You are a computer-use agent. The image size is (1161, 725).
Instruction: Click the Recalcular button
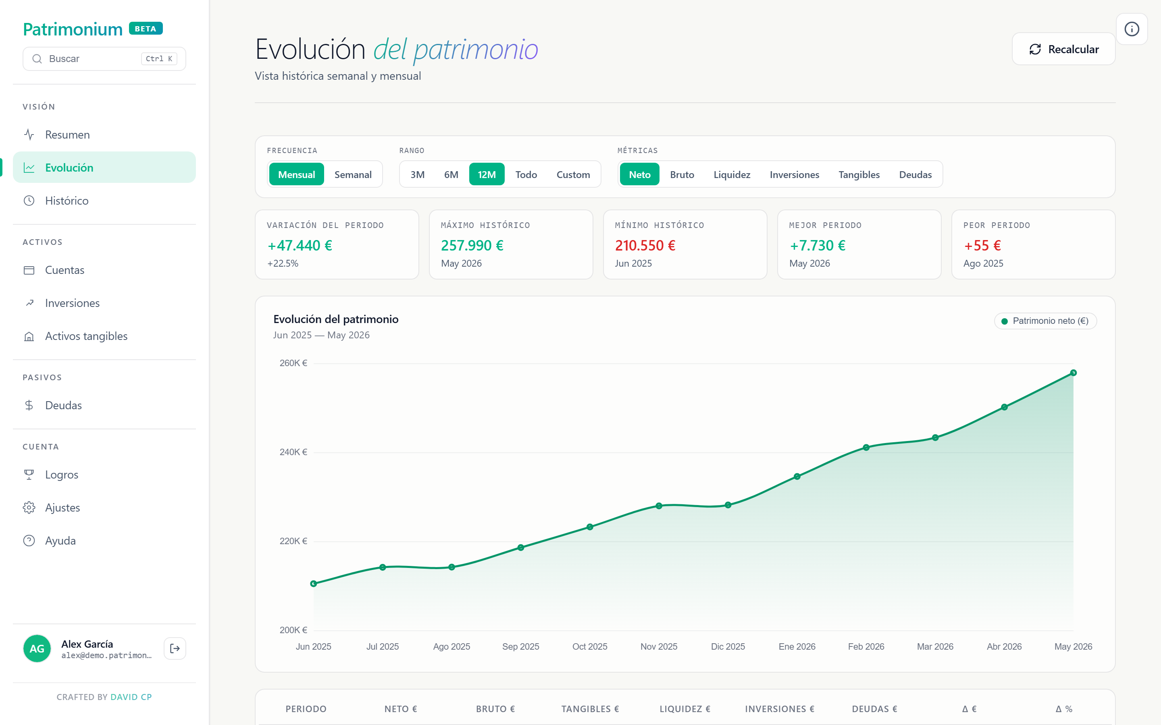pyautogui.click(x=1063, y=49)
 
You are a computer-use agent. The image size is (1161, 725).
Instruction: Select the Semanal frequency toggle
pyautogui.click(x=353, y=174)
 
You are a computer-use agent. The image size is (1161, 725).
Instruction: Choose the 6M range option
pyautogui.click(x=451, y=174)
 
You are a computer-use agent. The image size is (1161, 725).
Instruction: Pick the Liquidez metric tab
pyautogui.click(x=732, y=174)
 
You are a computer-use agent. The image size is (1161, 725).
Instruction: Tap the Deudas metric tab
pyautogui.click(x=915, y=174)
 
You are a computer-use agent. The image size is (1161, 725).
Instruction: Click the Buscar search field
pyautogui.click(x=104, y=58)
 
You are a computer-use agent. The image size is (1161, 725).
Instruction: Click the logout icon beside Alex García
pyautogui.click(x=175, y=648)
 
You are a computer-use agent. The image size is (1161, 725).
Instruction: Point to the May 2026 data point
pyautogui.click(x=1073, y=373)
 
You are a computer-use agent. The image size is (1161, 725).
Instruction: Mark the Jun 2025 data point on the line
pyautogui.click(x=313, y=584)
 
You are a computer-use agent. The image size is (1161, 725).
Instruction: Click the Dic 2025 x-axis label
pyautogui.click(x=728, y=646)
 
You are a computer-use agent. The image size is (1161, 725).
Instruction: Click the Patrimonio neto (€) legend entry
pyautogui.click(x=1045, y=321)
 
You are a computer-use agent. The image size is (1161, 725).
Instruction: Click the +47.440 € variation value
pyautogui.click(x=300, y=246)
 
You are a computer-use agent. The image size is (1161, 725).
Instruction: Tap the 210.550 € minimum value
pyautogui.click(x=645, y=246)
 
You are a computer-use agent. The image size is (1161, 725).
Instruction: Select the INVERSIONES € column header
pyautogui.click(x=780, y=709)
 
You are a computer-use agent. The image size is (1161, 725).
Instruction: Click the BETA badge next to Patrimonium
pyautogui.click(x=146, y=29)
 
